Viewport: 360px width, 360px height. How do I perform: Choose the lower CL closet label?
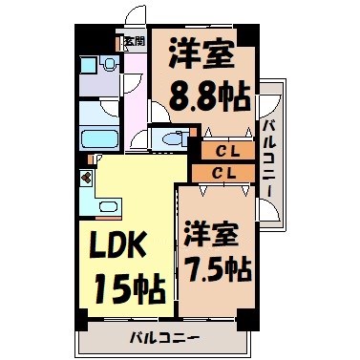226,173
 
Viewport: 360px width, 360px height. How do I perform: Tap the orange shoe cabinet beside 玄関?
119,42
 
